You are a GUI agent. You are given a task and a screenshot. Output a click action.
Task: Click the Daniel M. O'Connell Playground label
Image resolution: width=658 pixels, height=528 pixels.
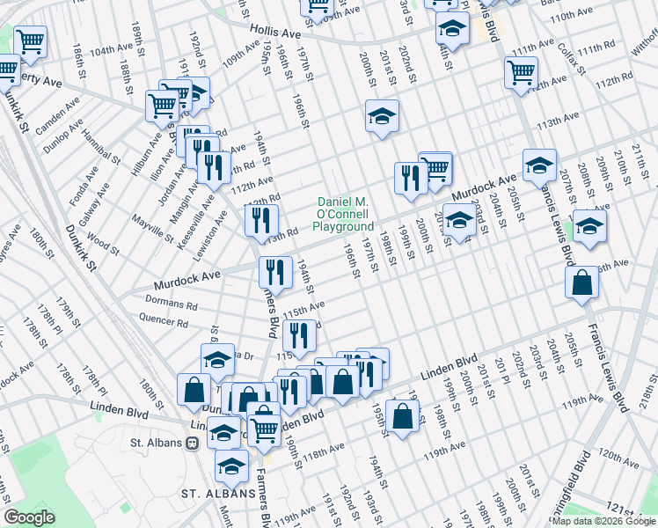pos(346,214)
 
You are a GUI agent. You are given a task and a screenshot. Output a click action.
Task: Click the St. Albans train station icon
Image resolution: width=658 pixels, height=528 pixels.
pos(193,444)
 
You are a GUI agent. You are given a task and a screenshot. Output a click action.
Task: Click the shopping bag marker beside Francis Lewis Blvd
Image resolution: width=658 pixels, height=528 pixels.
pos(582,283)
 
